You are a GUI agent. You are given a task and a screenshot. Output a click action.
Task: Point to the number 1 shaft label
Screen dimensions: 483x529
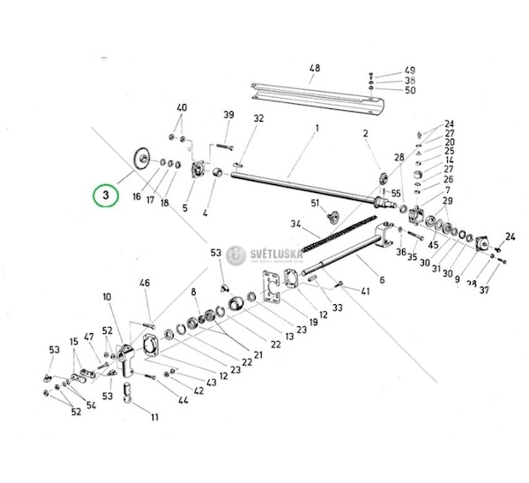[x=315, y=129]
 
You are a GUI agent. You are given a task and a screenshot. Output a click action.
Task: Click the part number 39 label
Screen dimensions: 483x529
[x=228, y=115]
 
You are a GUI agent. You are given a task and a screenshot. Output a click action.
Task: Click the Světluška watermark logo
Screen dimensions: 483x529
[x=236, y=255]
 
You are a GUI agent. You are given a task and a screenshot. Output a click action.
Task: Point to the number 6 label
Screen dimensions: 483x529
[x=381, y=280]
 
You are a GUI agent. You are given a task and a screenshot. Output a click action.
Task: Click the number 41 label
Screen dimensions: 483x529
[x=365, y=290]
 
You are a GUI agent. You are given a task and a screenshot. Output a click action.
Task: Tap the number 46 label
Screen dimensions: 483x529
[x=145, y=283]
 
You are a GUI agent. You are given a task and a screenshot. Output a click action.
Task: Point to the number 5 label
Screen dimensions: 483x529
[x=184, y=208]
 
